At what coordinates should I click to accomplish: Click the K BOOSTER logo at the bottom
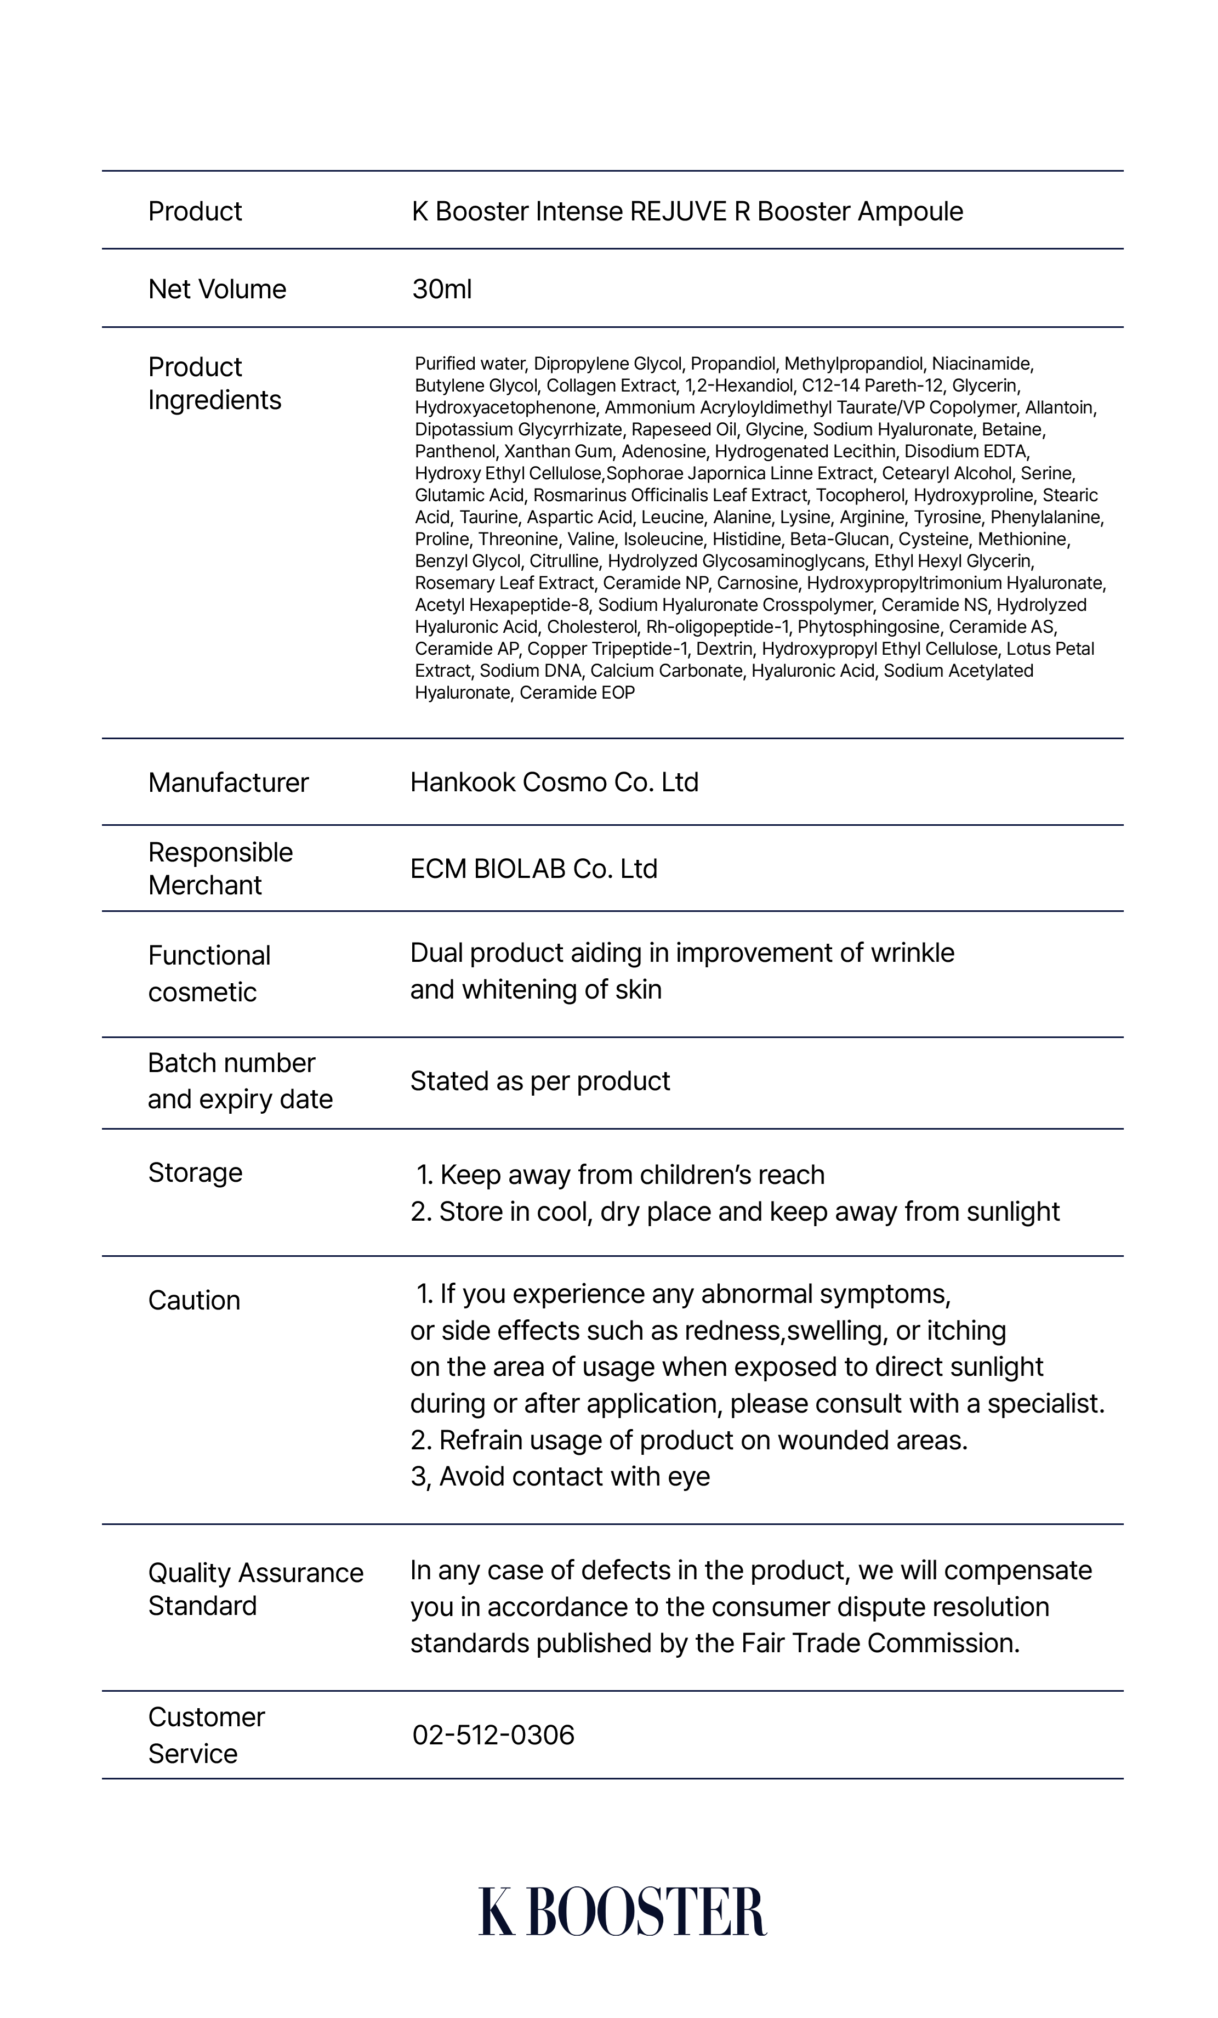(622, 1911)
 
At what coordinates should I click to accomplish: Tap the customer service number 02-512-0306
(493, 1734)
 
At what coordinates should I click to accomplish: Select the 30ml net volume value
(442, 289)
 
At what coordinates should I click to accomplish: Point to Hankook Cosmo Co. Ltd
(554, 782)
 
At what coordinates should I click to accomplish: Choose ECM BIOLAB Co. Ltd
(534, 869)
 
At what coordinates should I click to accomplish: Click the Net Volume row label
(217, 289)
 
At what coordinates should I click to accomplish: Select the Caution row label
(194, 1301)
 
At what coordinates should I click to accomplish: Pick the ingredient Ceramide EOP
(577, 693)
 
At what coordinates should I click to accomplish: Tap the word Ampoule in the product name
(910, 211)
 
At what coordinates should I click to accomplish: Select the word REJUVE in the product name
(678, 211)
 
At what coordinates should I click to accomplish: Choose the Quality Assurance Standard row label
(255, 1589)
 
